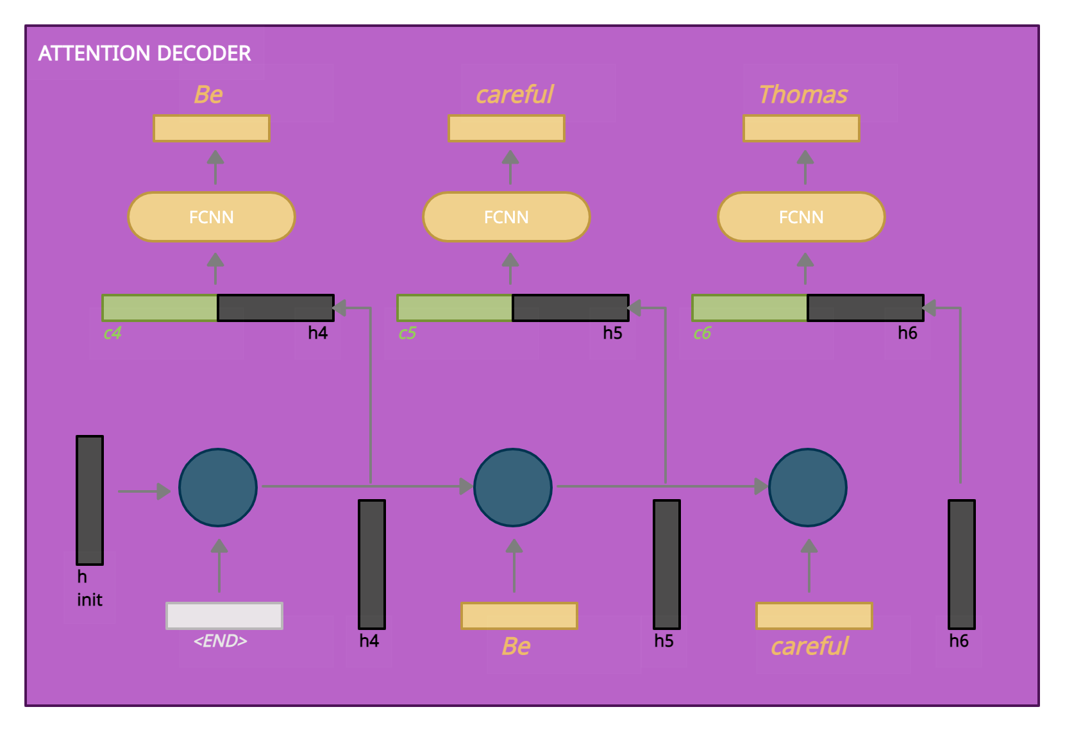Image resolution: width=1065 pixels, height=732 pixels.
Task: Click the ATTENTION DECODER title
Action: coord(144,53)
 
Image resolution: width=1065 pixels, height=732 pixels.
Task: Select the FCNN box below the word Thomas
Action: coord(801,217)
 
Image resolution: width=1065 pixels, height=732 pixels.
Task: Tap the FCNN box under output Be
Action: coord(211,217)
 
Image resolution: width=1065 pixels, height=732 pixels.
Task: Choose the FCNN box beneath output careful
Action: coord(506,217)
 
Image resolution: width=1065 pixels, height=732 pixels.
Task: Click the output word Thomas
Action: coord(803,94)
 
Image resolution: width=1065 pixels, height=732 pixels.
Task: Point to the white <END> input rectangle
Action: coord(224,616)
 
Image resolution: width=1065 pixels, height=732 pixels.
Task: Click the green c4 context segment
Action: coord(160,308)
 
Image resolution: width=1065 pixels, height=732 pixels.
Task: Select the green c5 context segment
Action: coord(455,308)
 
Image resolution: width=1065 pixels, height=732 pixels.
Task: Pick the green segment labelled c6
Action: coord(750,308)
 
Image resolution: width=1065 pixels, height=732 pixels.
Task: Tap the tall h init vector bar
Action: coord(90,500)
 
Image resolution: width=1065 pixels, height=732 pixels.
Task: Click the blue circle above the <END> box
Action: coord(218,488)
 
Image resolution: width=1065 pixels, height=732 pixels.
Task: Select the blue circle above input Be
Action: coord(513,488)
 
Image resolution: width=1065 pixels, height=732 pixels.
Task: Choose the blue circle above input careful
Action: coord(808,488)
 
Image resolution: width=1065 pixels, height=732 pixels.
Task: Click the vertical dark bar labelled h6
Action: coord(962,565)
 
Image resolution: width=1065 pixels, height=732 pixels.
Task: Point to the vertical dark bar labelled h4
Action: coord(372,565)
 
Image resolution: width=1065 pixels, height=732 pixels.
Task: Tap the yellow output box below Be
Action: coord(212,128)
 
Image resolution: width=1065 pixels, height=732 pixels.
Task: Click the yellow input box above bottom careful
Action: coord(814,616)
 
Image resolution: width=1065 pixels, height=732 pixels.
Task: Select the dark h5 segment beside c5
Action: coord(570,308)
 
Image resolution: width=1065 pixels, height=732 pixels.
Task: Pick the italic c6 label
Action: coord(702,333)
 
